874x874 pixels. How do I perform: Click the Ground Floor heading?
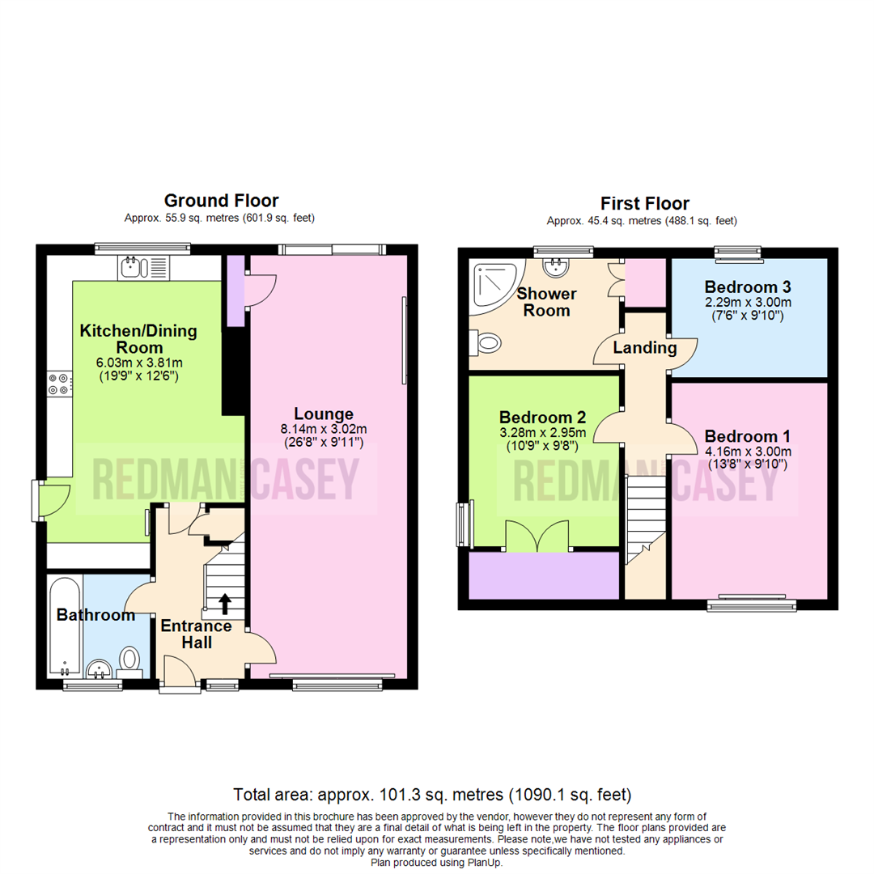pos(221,200)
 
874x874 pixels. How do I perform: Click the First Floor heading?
pos(644,202)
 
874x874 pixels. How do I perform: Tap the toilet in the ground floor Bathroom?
pos(129,659)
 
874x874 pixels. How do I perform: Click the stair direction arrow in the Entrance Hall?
pos(224,604)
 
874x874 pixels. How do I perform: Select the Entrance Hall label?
pos(196,634)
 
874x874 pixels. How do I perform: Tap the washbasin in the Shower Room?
pos(556,266)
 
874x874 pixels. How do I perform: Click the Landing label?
pos(644,348)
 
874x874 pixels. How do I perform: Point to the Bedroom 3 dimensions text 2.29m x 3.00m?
pos(748,303)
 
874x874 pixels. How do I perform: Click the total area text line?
pos(432,794)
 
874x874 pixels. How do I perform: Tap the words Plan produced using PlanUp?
pos(438,863)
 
